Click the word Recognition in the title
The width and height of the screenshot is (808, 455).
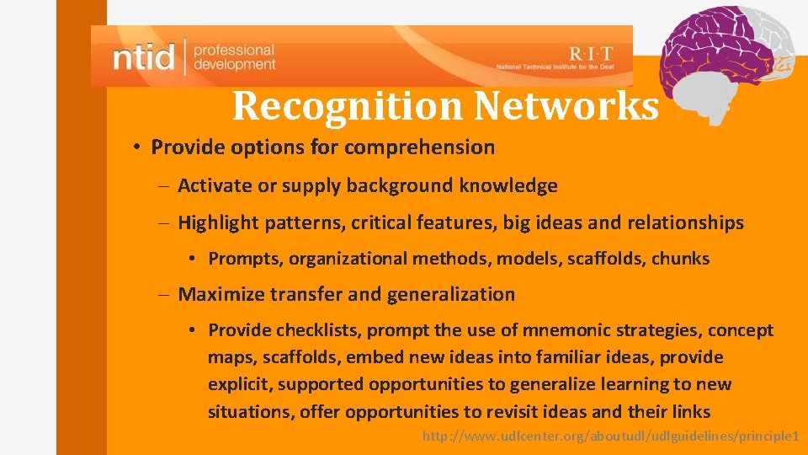[347, 106]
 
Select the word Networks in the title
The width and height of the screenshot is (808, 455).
[566, 106]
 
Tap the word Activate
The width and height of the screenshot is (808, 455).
[215, 185]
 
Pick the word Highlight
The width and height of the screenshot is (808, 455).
[218, 223]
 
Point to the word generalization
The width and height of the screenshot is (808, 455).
[450, 294]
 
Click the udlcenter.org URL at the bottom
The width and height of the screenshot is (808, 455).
[609, 436]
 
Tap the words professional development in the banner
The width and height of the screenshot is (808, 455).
[234, 57]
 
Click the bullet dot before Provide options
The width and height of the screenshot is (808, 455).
[136, 147]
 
